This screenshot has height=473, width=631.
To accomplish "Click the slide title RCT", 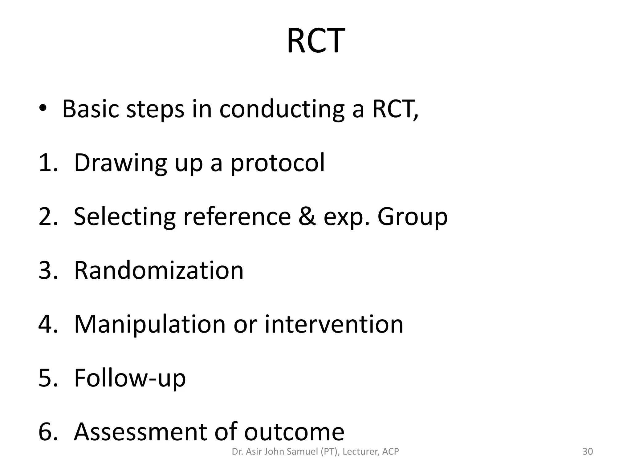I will tap(315, 41).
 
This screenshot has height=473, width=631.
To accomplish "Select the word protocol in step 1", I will tap(278, 163).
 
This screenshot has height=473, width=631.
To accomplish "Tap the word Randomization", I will tap(159, 270).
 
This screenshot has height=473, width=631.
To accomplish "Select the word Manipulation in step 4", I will tap(150, 325).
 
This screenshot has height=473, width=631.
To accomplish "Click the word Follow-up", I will tap(130, 378).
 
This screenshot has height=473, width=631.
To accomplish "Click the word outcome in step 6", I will tap(294, 432).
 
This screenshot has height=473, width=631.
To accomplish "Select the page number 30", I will tap(588, 452).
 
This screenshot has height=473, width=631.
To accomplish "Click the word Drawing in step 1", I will tap(120, 163).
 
